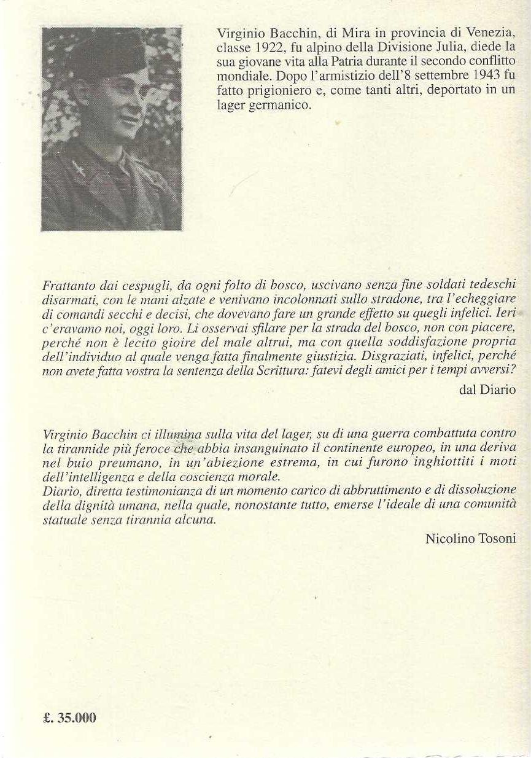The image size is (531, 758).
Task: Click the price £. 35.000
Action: coord(70,717)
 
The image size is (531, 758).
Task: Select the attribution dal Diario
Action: coord(487,391)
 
